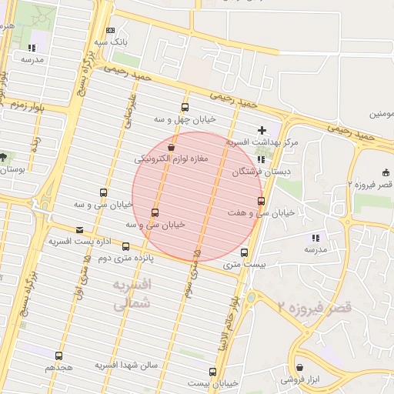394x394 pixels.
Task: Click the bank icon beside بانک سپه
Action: tap(111, 29)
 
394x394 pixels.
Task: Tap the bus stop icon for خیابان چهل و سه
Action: tap(184, 107)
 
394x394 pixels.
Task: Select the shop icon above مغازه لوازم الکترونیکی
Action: tap(171, 147)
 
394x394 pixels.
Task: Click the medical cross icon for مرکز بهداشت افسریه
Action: tap(262, 131)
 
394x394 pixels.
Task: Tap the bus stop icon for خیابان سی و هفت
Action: tap(261, 201)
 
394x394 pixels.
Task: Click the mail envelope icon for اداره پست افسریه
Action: tap(79, 229)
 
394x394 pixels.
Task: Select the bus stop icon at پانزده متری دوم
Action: tap(126, 246)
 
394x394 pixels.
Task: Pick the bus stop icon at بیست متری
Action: tap(245, 252)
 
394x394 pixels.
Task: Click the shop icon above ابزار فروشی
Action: tap(299, 368)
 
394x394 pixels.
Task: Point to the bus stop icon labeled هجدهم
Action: tap(58, 356)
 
